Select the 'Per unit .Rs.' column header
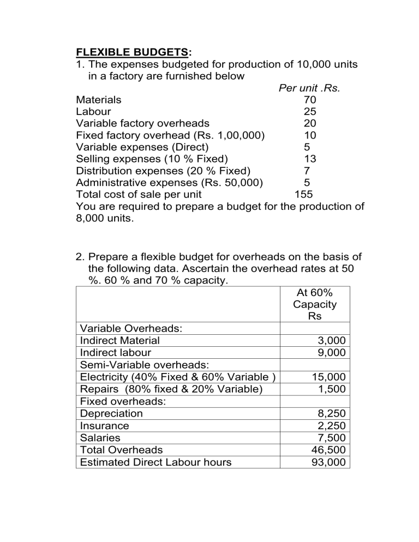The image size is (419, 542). coord(309,88)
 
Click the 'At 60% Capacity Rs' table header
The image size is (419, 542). coord(314,304)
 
